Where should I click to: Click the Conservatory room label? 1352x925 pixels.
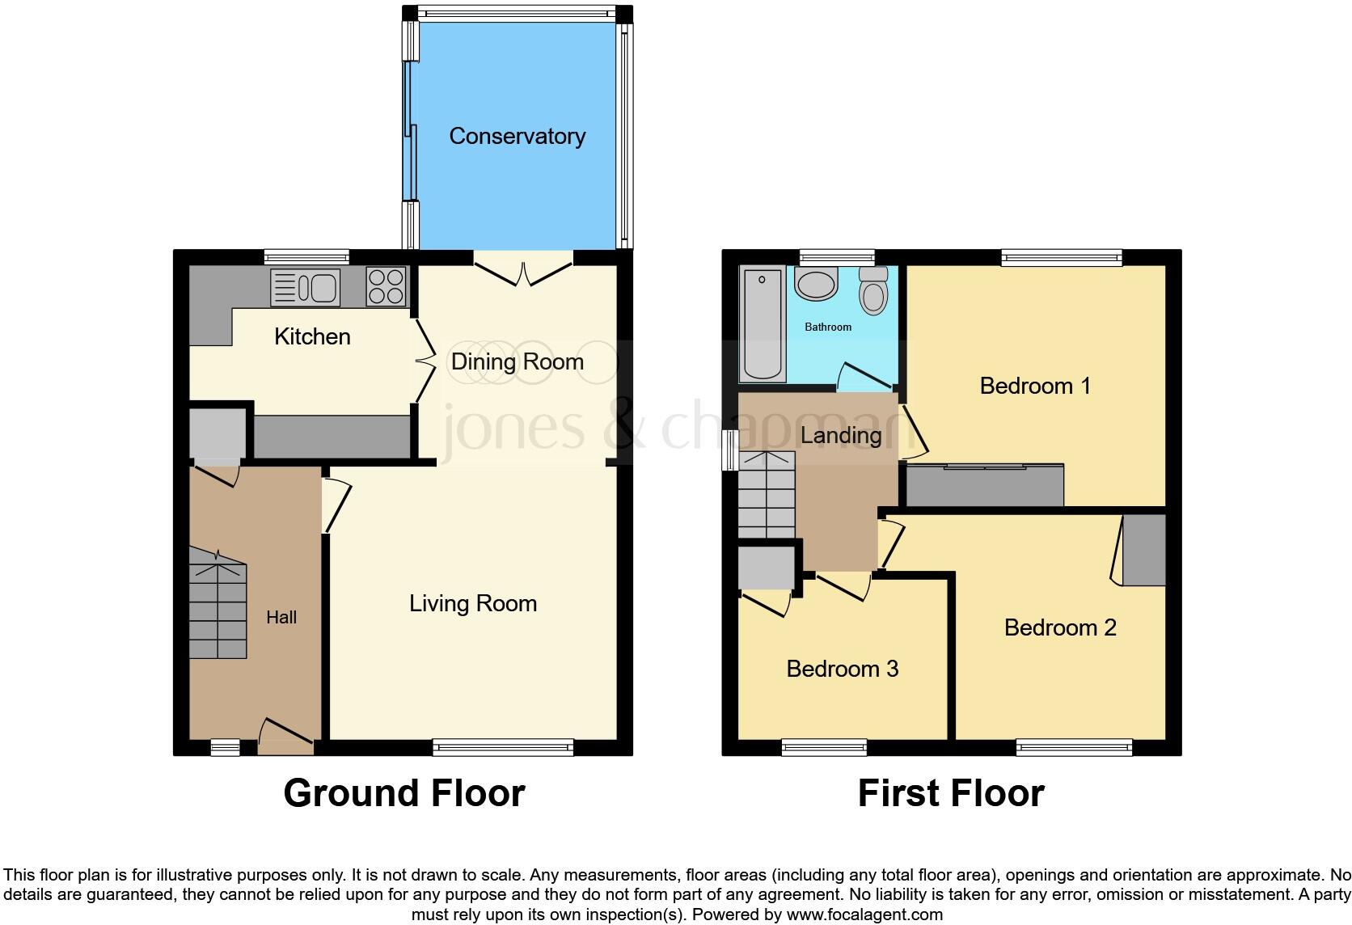click(x=517, y=136)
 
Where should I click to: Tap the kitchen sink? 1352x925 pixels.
click(x=306, y=287)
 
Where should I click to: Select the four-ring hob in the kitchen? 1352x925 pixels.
click(x=386, y=286)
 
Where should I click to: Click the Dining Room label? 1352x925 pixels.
click(x=517, y=361)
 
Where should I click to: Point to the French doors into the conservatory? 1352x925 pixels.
click(x=523, y=269)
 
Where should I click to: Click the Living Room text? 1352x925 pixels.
click(x=473, y=603)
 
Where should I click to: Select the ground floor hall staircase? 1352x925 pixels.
click(x=218, y=605)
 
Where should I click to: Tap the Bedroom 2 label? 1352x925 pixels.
click(x=1060, y=627)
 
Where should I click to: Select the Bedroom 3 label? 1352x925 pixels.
click(x=843, y=669)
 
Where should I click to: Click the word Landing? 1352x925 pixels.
click(x=841, y=435)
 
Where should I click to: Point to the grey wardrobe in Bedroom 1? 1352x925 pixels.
click(x=984, y=486)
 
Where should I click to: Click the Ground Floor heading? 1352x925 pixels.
click(x=403, y=793)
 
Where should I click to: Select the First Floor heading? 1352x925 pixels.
click(x=951, y=793)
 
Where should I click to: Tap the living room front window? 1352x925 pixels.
click(x=503, y=747)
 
